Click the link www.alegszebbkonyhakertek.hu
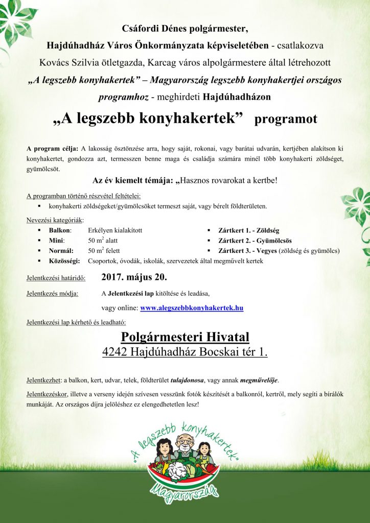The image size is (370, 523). coord(191,308)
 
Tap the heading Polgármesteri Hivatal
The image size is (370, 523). coord(185,337)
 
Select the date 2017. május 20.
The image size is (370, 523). coord(134,278)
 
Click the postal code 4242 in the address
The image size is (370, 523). coord(115,352)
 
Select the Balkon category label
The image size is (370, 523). coord(60,230)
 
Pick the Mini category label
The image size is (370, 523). coord(56,241)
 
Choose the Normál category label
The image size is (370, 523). coord(61,251)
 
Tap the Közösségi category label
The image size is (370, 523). coord(64,261)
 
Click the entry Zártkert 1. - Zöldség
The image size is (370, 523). coord(249,230)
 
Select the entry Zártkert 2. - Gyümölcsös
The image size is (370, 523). coord(256,241)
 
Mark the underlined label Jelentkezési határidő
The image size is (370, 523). coord(56,279)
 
